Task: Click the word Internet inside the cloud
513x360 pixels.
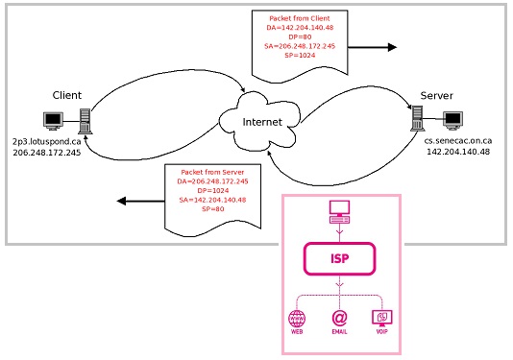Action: coord(262,122)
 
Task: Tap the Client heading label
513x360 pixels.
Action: coord(67,95)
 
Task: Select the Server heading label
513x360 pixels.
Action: coord(437,95)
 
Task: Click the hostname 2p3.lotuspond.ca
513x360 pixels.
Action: coord(47,141)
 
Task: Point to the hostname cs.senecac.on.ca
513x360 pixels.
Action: coord(458,141)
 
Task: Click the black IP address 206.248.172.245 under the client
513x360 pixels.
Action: coord(47,153)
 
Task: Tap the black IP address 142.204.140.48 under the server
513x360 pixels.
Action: coord(458,152)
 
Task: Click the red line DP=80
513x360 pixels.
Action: coord(300,36)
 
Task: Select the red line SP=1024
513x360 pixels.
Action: coord(300,56)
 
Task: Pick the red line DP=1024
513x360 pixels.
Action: coord(213,191)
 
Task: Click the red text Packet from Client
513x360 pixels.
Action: coord(300,18)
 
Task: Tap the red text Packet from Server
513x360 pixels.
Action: coord(212,172)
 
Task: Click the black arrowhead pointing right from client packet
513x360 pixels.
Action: coord(392,47)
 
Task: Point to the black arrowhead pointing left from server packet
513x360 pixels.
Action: coord(121,201)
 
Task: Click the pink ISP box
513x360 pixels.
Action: coord(340,258)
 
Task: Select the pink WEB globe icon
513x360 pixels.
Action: coord(297,318)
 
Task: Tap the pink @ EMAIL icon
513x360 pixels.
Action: coord(340,318)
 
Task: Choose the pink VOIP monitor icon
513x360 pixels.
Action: coord(382,318)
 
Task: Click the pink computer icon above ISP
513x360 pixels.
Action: coord(340,212)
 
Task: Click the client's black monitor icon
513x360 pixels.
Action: coord(54,121)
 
